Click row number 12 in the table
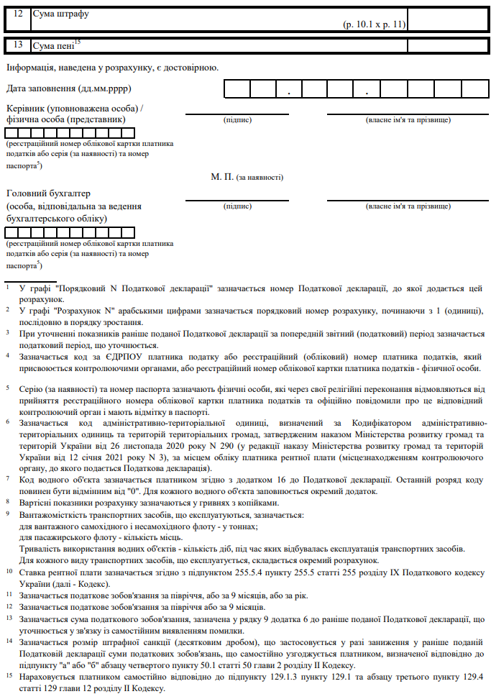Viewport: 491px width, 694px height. [x=18, y=14]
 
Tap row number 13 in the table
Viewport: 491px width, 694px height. [x=18, y=45]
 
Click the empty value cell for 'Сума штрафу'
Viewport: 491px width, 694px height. [x=447, y=19]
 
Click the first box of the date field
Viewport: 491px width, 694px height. [x=237, y=89]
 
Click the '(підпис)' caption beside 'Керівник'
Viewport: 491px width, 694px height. [x=237, y=119]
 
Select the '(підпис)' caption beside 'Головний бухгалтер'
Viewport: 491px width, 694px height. [x=237, y=206]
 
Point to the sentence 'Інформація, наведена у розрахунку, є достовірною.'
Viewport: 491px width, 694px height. [x=112, y=68]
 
